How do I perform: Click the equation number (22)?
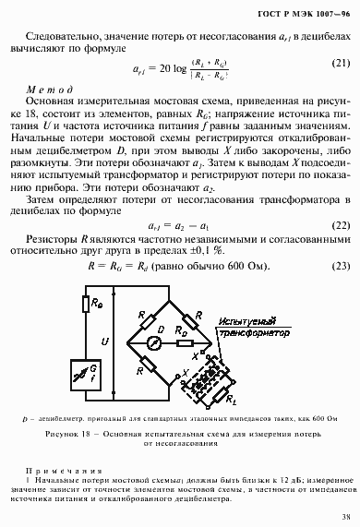point(340,224)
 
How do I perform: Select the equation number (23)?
point(340,265)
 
